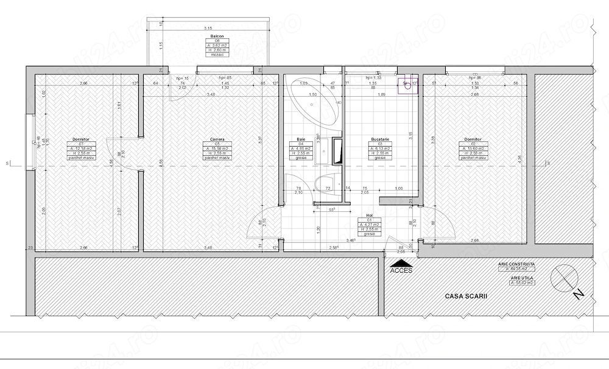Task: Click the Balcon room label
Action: click(x=208, y=36)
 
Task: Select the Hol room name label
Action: click(x=369, y=216)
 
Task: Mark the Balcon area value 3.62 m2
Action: click(x=208, y=45)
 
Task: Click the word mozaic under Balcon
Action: click(x=208, y=54)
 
